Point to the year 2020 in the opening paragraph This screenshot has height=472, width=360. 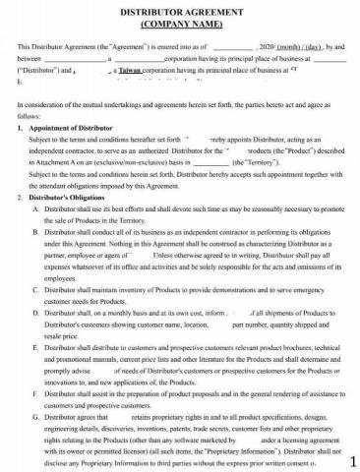pyautogui.click(x=266, y=46)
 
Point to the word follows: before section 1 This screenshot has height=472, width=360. pyautogui.click(x=29, y=117)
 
